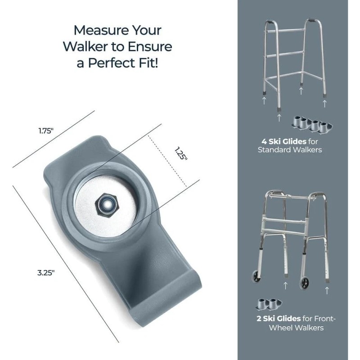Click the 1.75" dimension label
point(45,131)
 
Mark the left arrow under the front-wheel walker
point(286,285)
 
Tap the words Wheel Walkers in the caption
point(296,328)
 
